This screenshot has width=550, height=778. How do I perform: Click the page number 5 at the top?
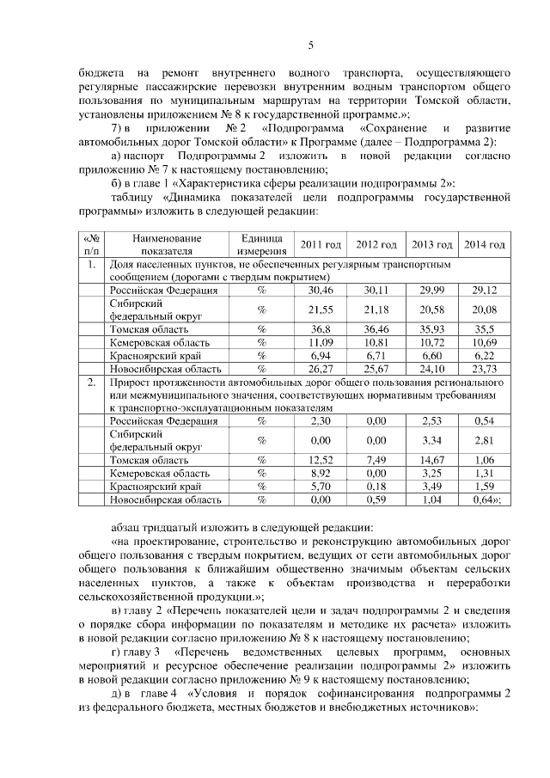click(311, 46)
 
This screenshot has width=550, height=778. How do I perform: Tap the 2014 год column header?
click(484, 245)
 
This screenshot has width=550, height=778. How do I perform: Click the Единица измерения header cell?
click(262, 244)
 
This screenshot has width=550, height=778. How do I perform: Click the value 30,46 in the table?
click(321, 290)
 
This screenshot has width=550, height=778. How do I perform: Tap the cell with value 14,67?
click(431, 459)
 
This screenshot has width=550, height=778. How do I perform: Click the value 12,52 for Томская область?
click(321, 459)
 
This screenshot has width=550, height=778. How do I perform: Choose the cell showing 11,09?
click(321, 341)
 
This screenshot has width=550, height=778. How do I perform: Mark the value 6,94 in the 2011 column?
click(321, 354)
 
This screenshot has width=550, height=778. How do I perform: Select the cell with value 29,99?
click(431, 290)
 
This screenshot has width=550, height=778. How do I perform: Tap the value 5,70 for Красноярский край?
click(321, 486)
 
